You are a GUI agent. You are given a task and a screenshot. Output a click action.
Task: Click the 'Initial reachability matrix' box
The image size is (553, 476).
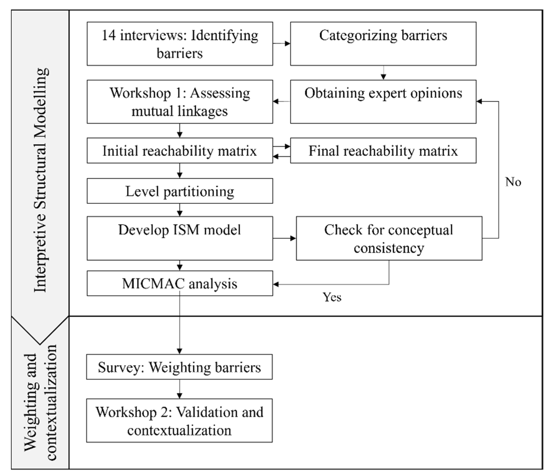(180, 150)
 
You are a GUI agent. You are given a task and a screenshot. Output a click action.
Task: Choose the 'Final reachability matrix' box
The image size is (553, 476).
(383, 150)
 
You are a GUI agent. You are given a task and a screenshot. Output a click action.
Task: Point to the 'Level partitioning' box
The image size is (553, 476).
(180, 191)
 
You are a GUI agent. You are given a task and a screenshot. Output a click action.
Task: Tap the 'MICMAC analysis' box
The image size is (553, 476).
(180, 283)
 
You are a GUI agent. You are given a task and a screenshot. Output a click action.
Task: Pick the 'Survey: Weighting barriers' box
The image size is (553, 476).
(179, 367)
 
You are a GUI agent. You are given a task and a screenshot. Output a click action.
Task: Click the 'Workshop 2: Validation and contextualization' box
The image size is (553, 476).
(179, 420)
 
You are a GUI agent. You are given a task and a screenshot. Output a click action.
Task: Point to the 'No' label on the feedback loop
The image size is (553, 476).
(513, 182)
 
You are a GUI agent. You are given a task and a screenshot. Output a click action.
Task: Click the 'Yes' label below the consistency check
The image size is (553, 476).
(332, 297)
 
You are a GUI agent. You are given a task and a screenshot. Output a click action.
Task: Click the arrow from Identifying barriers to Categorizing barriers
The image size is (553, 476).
(282, 44)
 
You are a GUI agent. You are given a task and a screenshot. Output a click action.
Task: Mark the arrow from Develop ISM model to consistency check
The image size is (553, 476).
(284, 238)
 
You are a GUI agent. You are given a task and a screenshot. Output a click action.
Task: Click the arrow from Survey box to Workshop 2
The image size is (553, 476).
(180, 389)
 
